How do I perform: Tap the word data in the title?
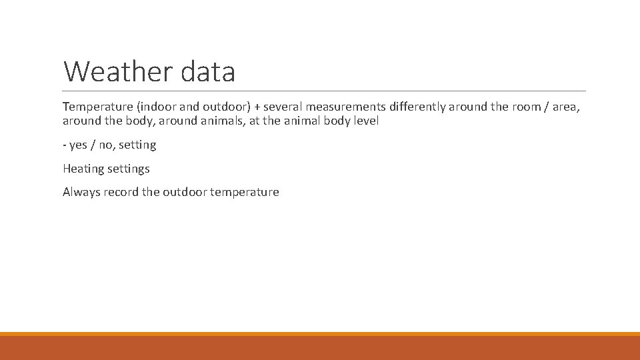(207, 71)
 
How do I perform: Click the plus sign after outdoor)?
(257, 107)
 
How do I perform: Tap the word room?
(527, 107)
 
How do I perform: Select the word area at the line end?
(566, 107)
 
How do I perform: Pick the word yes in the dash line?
(78, 145)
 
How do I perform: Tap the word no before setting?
(106, 145)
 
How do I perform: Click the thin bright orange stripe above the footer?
(320, 334)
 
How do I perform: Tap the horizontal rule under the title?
(324, 91)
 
